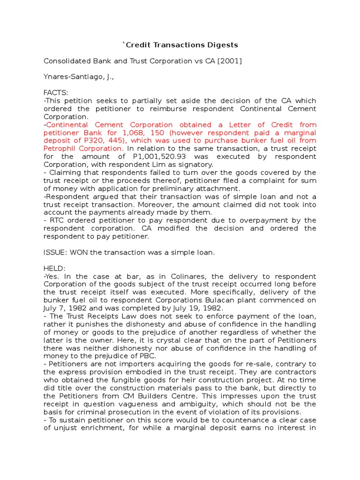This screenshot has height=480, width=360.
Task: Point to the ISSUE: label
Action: [x=55, y=252]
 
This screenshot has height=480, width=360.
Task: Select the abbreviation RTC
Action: [x=55, y=220]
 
